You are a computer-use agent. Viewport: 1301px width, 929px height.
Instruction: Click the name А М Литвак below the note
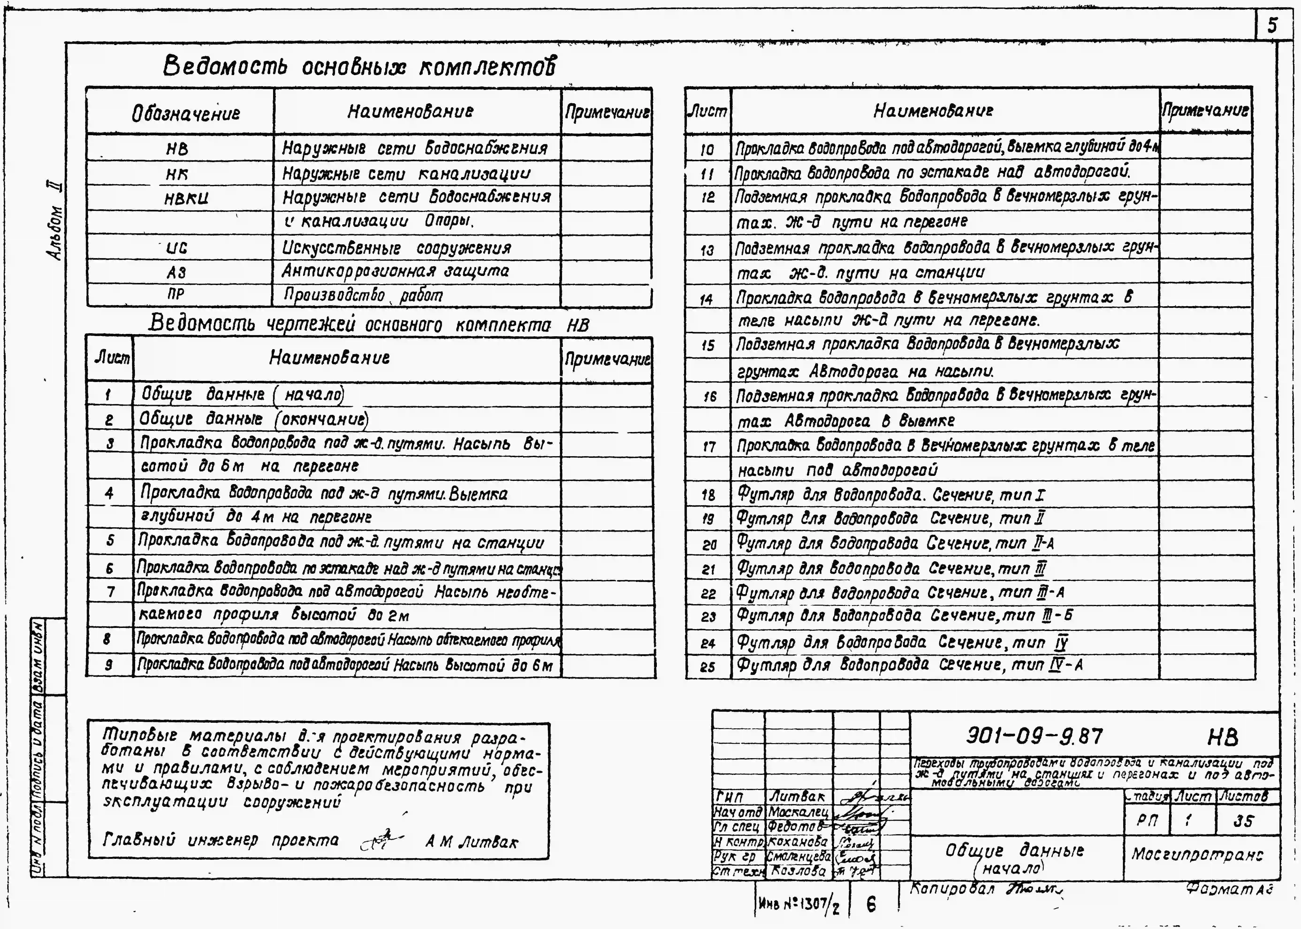pyautogui.click(x=472, y=842)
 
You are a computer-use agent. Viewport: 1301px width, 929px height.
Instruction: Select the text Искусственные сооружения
pyautogui.click(x=396, y=248)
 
